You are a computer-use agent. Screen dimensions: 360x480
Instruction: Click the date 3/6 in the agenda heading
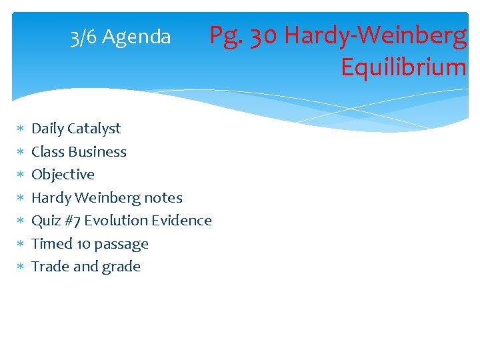83,37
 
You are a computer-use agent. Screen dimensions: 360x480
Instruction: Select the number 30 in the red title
265,35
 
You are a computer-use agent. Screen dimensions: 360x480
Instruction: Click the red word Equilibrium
403,67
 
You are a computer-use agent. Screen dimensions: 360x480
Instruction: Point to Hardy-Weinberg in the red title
375,35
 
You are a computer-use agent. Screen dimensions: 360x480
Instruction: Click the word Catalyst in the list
95,129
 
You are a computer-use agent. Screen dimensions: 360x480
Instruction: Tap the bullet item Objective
63,175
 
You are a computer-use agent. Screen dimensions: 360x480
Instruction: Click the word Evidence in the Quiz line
181,221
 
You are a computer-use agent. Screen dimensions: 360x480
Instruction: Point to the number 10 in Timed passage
84,244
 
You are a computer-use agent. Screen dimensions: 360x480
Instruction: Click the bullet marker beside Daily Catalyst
20,129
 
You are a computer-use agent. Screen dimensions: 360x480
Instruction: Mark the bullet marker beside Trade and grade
20,267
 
